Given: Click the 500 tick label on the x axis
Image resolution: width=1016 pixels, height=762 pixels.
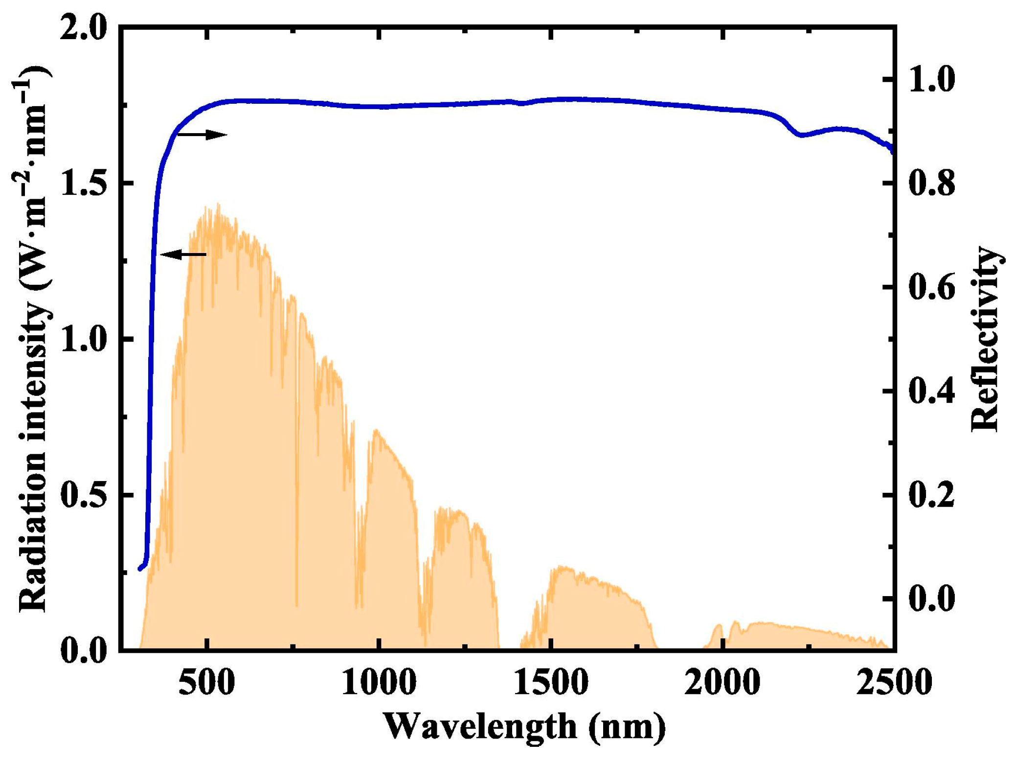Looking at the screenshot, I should (206, 683).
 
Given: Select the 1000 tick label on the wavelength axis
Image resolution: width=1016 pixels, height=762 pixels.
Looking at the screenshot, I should (379, 683).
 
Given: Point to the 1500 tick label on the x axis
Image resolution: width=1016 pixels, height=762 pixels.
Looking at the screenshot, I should (551, 683).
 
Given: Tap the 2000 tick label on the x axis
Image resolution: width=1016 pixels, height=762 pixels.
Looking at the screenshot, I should (722, 683).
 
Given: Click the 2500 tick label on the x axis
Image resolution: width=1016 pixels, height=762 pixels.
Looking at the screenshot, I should (893, 683).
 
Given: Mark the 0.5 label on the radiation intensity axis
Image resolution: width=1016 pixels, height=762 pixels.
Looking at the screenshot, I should (83, 495).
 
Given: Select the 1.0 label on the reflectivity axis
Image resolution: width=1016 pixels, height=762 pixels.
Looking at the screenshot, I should (931, 79).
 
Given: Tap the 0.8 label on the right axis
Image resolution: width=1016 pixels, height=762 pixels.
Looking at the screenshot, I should (931, 183).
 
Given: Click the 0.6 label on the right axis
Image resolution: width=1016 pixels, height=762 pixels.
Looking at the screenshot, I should (931, 287).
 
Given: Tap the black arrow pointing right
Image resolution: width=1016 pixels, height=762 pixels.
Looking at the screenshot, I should (203, 134).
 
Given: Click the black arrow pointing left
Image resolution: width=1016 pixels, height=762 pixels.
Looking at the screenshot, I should (183, 254).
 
